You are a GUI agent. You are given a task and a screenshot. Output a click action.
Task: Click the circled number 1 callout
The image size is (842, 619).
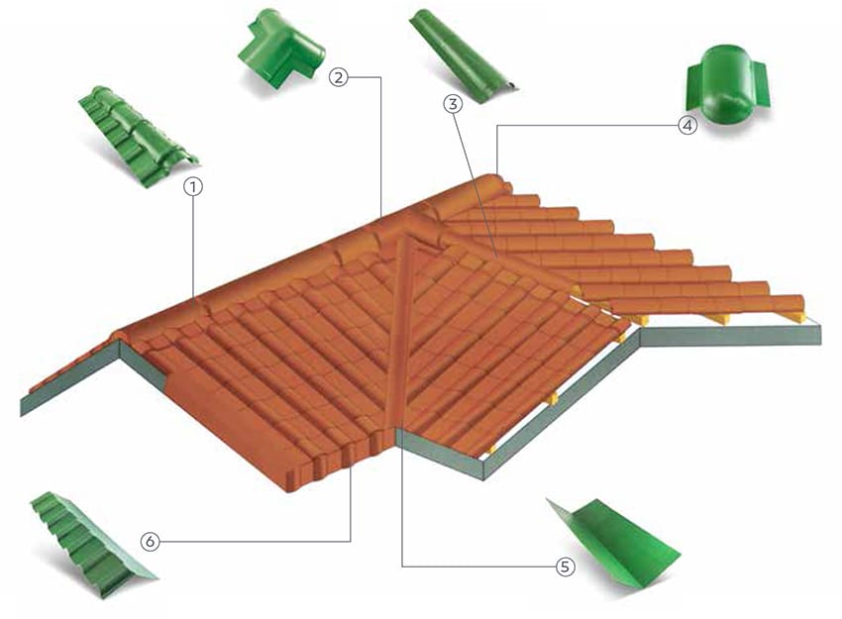tap(193, 187)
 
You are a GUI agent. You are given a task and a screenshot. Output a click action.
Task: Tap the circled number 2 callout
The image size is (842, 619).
tap(339, 77)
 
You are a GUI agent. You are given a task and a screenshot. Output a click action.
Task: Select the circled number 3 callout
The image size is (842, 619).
tap(454, 104)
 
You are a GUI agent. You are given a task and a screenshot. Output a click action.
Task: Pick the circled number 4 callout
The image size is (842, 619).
tap(687, 126)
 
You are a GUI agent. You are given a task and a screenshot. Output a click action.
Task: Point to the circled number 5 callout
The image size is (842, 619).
tap(565, 567)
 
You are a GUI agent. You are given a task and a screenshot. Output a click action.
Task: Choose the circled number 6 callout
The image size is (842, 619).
tap(151, 541)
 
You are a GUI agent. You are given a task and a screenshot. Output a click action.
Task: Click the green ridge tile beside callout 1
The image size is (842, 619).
tap(139, 137)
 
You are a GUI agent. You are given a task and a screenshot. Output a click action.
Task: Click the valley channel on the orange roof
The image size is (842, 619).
tap(400, 333)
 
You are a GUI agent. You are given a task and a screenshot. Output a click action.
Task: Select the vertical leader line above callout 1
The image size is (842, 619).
tap(193, 247)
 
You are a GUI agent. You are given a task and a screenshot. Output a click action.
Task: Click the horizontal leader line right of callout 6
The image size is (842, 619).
tap(255, 541)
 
